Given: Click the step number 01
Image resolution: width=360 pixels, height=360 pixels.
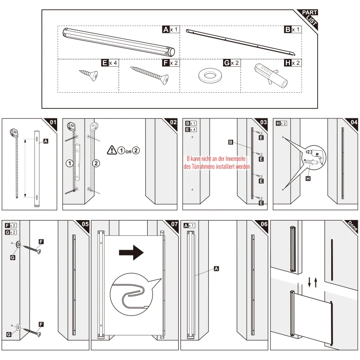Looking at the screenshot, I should [53, 122].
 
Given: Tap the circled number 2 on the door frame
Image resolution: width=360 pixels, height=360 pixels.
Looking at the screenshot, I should [95, 163].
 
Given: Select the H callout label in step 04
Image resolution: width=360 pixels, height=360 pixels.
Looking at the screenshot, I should [308, 179].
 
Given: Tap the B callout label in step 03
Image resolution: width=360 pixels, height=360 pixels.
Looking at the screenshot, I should [230, 142].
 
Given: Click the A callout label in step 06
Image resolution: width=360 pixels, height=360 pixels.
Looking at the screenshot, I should [216, 269].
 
